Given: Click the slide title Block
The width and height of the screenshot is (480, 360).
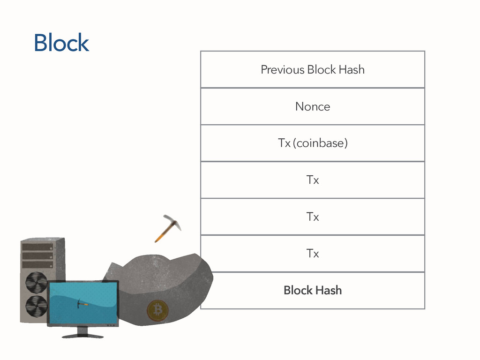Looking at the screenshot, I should click(x=61, y=43).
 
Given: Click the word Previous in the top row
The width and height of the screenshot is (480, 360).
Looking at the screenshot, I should click(x=282, y=70).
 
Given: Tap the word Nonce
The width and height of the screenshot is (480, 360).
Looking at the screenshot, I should click(x=313, y=107).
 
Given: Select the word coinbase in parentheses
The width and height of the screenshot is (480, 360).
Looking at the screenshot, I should click(x=320, y=143).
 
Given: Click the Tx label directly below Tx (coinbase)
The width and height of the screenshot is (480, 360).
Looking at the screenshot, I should click(x=313, y=180).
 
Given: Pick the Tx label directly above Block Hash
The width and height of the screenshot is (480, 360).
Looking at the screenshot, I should click(x=313, y=254).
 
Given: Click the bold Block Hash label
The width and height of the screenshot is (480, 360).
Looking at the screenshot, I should click(x=313, y=291).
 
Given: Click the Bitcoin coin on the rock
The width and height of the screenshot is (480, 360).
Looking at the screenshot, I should click(x=157, y=310).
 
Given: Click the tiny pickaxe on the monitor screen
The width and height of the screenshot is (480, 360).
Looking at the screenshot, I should click(x=82, y=303).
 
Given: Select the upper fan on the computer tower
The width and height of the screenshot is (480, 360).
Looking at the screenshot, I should click(x=36, y=282).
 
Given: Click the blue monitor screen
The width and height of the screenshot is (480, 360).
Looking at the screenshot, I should click(x=82, y=302).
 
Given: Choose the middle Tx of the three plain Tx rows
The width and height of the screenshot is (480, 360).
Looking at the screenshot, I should click(x=313, y=217).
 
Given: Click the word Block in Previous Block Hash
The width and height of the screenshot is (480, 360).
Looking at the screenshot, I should click(x=322, y=70).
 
